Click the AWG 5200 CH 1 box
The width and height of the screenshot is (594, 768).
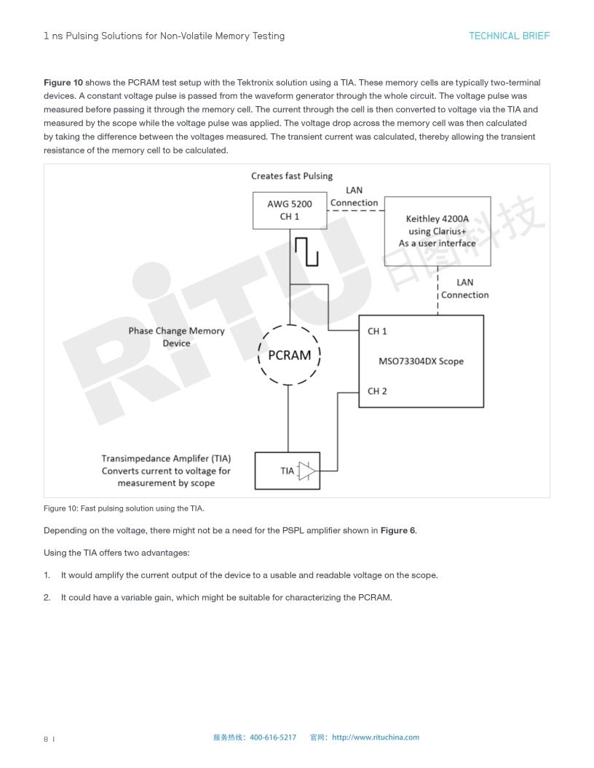pyautogui.click(x=289, y=210)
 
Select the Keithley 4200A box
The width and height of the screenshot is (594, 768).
pyautogui.click(x=437, y=231)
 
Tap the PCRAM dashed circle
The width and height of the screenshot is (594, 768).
pyautogui.click(x=289, y=355)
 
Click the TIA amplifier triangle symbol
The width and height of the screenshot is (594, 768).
pyautogui.click(x=307, y=471)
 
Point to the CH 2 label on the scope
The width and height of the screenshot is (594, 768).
pyautogui.click(x=377, y=391)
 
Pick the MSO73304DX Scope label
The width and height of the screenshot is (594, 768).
pyautogui.click(x=421, y=361)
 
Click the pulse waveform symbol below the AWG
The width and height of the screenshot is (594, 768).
pyautogui.click(x=307, y=251)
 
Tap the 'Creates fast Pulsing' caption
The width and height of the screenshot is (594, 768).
pyautogui.click(x=291, y=176)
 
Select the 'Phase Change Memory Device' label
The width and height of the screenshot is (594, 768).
pyautogui.click(x=176, y=337)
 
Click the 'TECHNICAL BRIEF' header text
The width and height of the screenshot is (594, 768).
pyautogui.click(x=509, y=36)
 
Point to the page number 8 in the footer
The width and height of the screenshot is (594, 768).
pyautogui.click(x=46, y=739)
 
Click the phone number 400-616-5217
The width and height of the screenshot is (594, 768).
pyautogui.click(x=273, y=737)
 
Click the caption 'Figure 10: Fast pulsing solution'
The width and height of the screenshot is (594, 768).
pyautogui.click(x=129, y=508)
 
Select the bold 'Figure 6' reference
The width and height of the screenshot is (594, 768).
pyautogui.click(x=397, y=530)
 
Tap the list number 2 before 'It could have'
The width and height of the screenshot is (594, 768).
pyautogui.click(x=47, y=598)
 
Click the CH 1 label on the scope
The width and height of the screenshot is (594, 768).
pyautogui.click(x=377, y=332)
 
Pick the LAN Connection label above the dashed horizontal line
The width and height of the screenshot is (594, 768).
pyautogui.click(x=354, y=196)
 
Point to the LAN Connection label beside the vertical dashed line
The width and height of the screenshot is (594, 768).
pyautogui.click(x=464, y=289)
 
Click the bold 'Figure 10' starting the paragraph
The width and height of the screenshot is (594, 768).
pyautogui.click(x=63, y=82)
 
